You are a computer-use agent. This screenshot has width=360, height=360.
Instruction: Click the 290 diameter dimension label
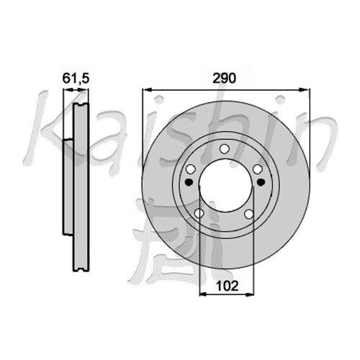[x=225, y=78]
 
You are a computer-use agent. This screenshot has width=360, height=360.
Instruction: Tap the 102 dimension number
[x=227, y=286]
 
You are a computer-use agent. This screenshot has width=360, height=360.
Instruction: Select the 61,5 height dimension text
[x=76, y=78]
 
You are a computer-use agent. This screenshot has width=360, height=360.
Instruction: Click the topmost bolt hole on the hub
[x=225, y=149]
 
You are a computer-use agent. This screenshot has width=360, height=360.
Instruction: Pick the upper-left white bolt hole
[x=191, y=169]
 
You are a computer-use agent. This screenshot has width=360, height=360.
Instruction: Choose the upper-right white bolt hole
[x=258, y=169]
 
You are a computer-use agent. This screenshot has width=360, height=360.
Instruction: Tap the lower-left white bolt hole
[x=199, y=213]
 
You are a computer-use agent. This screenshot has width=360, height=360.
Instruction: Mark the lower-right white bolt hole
[x=249, y=214]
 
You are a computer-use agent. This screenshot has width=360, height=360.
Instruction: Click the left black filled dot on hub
[x=189, y=182]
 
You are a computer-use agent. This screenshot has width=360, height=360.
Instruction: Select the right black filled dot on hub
[x=261, y=182]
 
